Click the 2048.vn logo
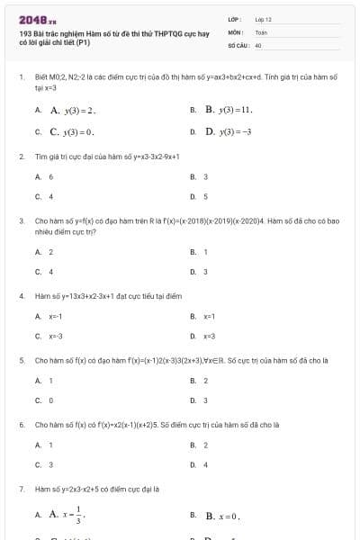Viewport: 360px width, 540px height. [x=38, y=20]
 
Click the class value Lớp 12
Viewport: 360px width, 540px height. [x=264, y=19]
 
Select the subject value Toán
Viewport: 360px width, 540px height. [x=261, y=31]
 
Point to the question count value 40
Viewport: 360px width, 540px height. [x=258, y=44]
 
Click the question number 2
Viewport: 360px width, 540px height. [x=21, y=156]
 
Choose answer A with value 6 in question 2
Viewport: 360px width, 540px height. [x=51, y=177]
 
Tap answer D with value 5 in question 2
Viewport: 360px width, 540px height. [x=206, y=195]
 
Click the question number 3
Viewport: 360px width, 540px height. [x=21, y=220]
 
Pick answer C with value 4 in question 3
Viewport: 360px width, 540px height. [x=51, y=271]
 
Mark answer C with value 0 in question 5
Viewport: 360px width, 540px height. [x=51, y=400]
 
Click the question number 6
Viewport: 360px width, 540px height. [x=21, y=423]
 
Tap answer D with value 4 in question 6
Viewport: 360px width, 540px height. [x=206, y=464]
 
